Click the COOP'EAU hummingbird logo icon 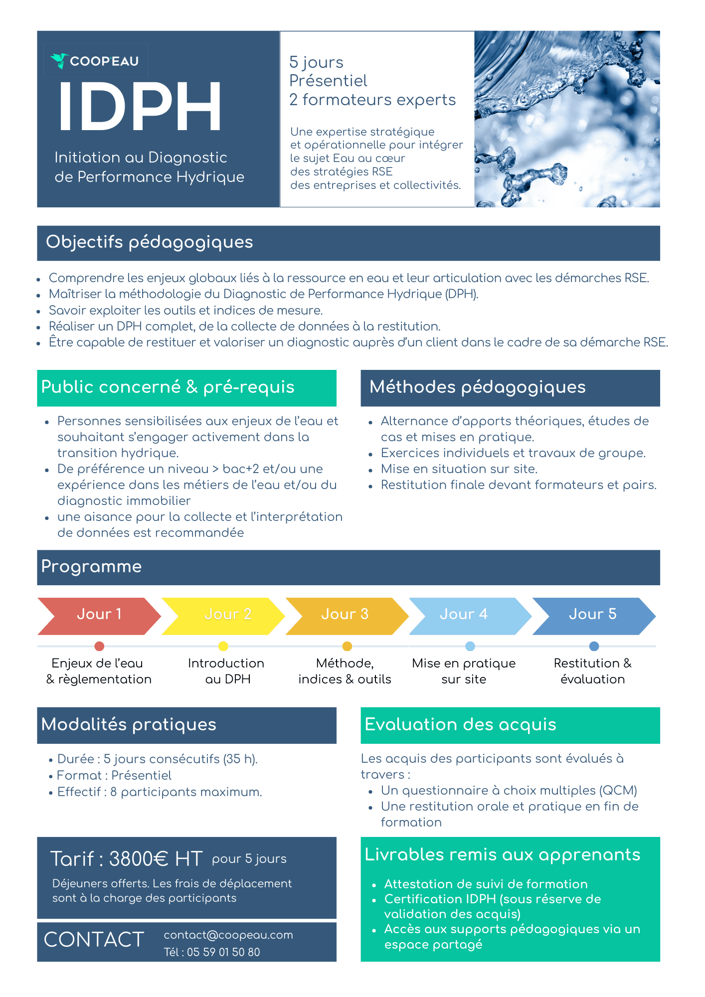pyautogui.click(x=59, y=61)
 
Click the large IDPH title pyautogui.click(x=140, y=107)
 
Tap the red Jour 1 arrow pyautogui.click(x=99, y=616)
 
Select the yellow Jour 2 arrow pyautogui.click(x=223, y=616)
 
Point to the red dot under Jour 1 pyautogui.click(x=99, y=646)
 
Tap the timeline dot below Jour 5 pyautogui.click(x=594, y=646)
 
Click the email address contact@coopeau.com pyautogui.click(x=228, y=935)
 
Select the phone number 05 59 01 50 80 pyautogui.click(x=223, y=952)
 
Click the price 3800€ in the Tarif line pyautogui.click(x=138, y=859)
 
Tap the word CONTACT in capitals pyautogui.click(x=94, y=940)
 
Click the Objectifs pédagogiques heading pyautogui.click(x=150, y=242)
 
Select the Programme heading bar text pyautogui.click(x=92, y=567)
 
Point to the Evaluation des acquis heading pyautogui.click(x=460, y=725)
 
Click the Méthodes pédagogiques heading pyautogui.click(x=478, y=387)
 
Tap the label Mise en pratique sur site pyautogui.click(x=464, y=671)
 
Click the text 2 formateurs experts pyautogui.click(x=372, y=100)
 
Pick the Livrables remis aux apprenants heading pyautogui.click(x=503, y=854)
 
